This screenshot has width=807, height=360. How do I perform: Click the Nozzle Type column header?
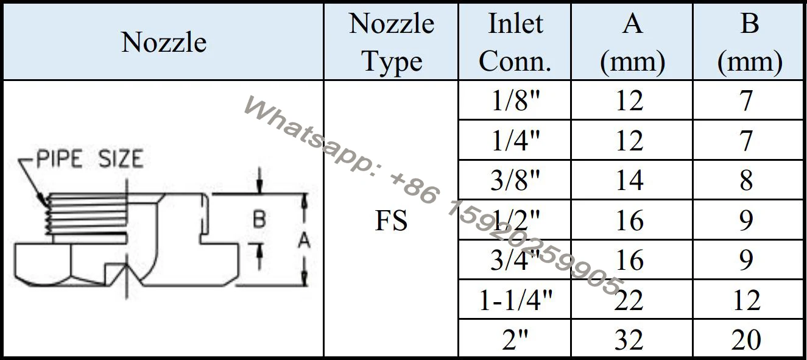391,43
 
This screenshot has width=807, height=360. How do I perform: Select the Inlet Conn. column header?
515,43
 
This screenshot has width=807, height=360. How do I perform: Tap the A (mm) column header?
632,43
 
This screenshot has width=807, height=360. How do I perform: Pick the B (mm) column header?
749,43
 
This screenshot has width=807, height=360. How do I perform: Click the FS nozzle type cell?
391,220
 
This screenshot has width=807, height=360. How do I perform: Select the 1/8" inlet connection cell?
515,101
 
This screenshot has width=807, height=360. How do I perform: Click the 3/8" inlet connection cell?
515,180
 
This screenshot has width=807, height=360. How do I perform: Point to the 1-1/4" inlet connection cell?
515,300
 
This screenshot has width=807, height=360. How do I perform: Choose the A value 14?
630,180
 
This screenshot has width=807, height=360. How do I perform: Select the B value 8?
746,180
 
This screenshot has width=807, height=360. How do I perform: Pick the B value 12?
746,300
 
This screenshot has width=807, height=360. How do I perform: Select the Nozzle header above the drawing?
163,43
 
